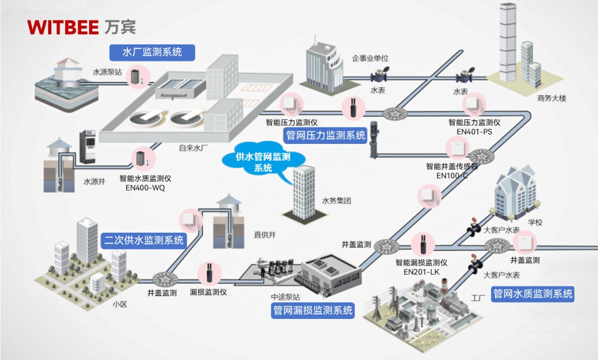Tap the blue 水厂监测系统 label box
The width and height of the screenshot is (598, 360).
pyautogui.click(x=152, y=52)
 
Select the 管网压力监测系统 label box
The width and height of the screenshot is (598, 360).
pyautogui.click(x=326, y=136)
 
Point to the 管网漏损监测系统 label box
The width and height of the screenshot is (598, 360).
pyautogui.click(x=313, y=310)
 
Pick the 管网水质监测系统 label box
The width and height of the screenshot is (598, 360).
pyautogui.click(x=533, y=294)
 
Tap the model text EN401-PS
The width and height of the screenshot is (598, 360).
pyautogui.click(x=474, y=132)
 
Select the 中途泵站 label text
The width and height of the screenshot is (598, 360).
pyautogui.click(x=285, y=297)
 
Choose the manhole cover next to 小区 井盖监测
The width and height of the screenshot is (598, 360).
pyautogui.click(x=163, y=277)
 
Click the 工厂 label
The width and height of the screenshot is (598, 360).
pyautogui.click(x=478, y=298)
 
